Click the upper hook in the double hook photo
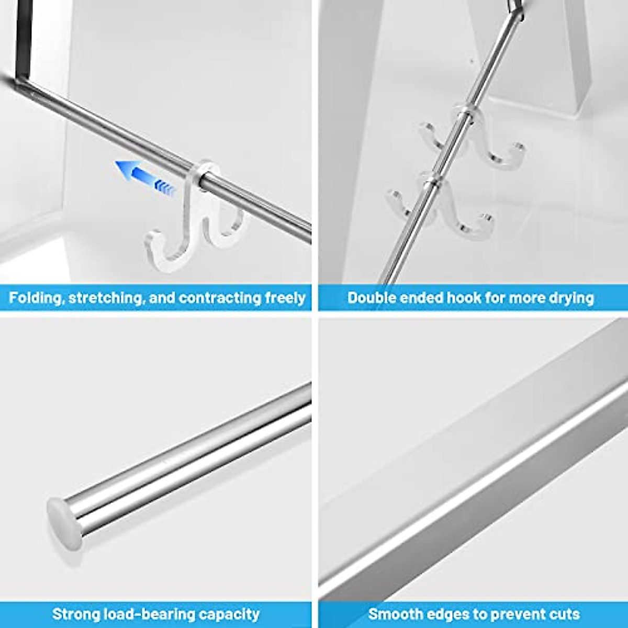coord(471,139)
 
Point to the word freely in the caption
coord(285,298)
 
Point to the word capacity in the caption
coord(229,614)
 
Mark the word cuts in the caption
coord(563,614)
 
